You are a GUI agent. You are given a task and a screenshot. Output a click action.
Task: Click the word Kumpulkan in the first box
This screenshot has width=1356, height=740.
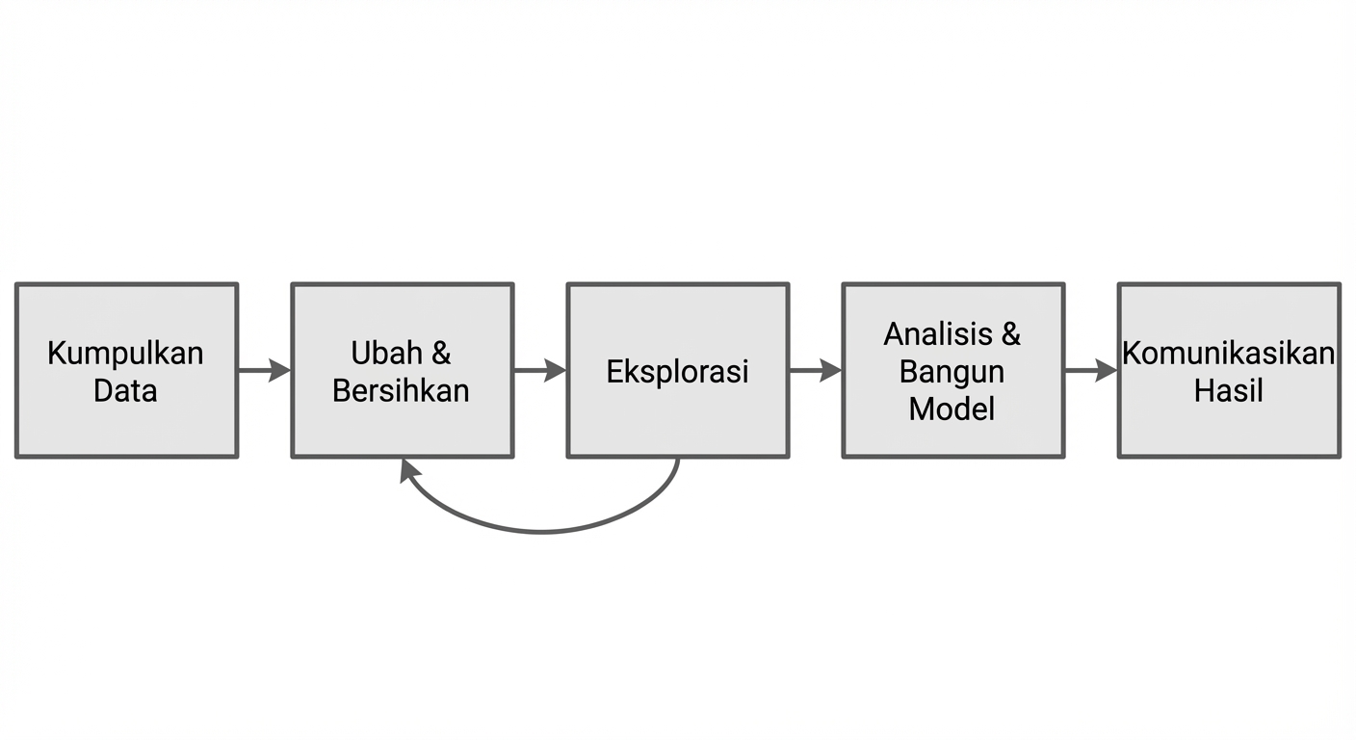(x=125, y=353)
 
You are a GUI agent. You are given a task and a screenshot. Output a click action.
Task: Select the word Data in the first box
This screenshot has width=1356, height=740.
(x=125, y=390)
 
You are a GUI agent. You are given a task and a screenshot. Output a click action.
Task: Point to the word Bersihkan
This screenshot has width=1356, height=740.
(x=401, y=390)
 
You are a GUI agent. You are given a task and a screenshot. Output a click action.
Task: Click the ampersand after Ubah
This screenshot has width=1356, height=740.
(x=440, y=353)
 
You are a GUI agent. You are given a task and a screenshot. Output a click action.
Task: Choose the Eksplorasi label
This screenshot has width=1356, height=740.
(x=677, y=371)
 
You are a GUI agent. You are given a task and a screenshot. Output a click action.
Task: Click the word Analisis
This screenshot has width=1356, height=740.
(x=938, y=333)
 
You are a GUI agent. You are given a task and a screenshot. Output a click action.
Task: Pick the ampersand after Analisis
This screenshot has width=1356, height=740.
(x=1010, y=333)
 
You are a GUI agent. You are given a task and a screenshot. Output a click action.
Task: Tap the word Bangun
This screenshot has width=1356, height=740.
(x=952, y=371)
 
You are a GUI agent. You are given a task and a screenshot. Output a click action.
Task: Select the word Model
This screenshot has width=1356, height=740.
(x=952, y=409)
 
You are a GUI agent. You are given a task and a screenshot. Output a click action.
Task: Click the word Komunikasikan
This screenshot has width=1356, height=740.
(x=1228, y=353)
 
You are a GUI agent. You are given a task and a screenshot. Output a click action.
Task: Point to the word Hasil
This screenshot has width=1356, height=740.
(x=1228, y=390)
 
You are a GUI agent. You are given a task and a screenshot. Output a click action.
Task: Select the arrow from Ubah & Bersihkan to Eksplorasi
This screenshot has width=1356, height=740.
(x=539, y=370)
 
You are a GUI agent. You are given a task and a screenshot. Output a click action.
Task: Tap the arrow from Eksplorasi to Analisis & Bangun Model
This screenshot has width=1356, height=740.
(x=815, y=370)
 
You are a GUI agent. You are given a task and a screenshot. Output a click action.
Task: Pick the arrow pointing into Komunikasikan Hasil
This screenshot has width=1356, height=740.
(x=1090, y=370)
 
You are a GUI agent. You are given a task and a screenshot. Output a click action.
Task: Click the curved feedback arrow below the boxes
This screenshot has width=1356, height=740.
(x=541, y=530)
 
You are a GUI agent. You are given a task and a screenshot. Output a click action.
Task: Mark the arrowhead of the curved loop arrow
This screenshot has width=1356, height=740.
(x=410, y=469)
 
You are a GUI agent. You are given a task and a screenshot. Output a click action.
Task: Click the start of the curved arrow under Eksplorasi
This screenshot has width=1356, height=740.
(x=678, y=462)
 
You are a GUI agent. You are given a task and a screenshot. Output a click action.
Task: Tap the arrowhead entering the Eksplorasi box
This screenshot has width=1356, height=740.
(x=556, y=370)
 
